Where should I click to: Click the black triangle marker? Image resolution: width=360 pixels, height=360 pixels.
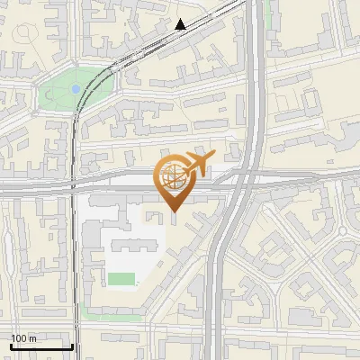[x=180, y=24]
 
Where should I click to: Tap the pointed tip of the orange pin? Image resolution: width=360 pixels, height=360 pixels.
[x=173, y=212]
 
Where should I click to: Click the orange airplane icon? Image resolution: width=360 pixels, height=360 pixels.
[x=196, y=164]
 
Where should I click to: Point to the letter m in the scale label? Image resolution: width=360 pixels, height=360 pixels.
[x=32, y=338]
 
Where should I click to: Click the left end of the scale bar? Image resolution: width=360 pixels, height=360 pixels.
[x=11, y=346]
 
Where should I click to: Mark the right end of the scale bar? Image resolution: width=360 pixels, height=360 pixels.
[x=72, y=346]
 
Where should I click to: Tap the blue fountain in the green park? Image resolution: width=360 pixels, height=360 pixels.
[x=75, y=89]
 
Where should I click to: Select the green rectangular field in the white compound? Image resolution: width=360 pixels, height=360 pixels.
[x=121, y=279]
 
